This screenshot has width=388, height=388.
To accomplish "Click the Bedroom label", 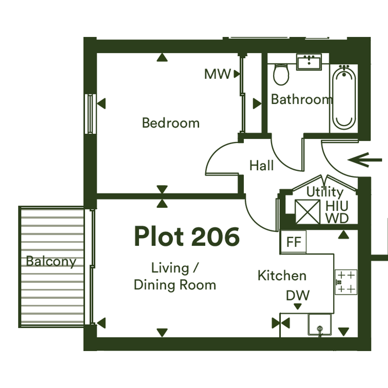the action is click(171, 123).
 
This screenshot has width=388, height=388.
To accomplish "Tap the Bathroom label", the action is click(302, 99).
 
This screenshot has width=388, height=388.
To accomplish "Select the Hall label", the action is click(262, 165).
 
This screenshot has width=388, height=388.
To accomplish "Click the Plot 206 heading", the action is click(187, 236).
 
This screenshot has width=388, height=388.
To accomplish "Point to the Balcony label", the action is click(51, 262).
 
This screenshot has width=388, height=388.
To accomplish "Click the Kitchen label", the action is click(282, 276).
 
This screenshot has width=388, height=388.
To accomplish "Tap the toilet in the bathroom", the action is click(281, 74).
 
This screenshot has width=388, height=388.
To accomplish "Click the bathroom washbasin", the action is click(309, 62).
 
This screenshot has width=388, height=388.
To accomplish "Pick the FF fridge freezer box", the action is click(293, 241).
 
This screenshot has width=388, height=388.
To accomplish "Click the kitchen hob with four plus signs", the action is click(346, 282).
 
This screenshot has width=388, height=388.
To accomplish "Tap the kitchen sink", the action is click(319, 324).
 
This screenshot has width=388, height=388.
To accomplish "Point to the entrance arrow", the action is click(365, 160).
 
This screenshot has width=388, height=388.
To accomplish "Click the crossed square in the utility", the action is click(308, 211).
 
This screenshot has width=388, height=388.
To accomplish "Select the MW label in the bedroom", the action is click(218, 74).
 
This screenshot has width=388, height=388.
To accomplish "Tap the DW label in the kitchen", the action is click(298, 295).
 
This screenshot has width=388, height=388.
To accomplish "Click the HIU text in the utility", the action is click(337, 206).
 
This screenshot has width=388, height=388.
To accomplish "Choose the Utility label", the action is click(325, 192).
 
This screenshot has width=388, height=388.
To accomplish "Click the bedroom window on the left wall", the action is click(90, 114).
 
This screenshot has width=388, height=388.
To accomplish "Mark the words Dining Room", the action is click(175, 285).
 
